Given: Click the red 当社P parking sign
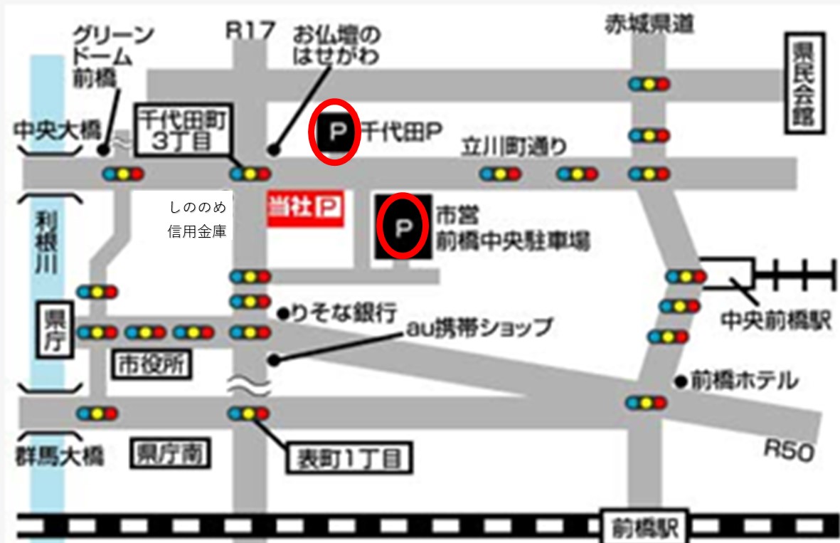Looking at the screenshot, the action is [x=305, y=209].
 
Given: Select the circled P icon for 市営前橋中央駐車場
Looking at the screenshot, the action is [x=403, y=228].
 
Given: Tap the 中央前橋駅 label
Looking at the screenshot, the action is [x=775, y=321].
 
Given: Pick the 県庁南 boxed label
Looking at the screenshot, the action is [x=170, y=453].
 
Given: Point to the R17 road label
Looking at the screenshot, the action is [x=249, y=30].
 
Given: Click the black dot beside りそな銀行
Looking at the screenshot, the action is [x=282, y=312].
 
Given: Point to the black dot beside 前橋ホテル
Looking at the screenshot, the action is [x=681, y=381].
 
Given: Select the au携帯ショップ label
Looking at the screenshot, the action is [x=479, y=327].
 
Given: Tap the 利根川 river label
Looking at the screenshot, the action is [x=47, y=243].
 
